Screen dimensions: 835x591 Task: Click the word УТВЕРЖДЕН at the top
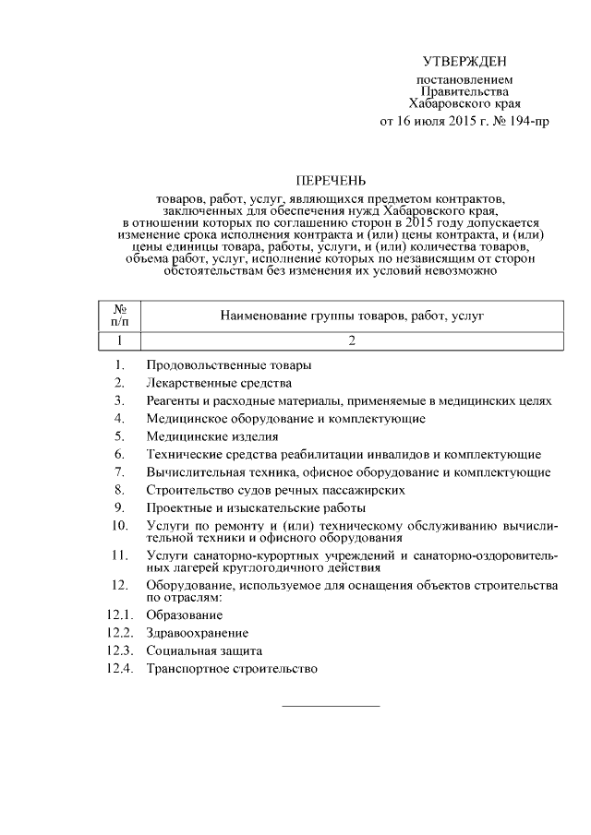point(464,62)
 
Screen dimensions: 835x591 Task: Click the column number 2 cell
point(352,340)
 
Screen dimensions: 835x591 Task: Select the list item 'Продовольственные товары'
point(228,365)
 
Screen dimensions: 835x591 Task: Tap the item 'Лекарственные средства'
point(219,383)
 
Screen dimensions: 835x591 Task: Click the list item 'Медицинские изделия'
point(211,436)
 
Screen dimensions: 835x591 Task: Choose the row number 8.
point(120,490)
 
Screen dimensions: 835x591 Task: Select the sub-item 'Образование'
point(184,615)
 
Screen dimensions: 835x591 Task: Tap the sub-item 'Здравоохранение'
point(197,633)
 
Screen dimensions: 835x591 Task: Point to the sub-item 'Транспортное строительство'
point(232,669)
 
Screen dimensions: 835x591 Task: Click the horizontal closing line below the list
point(330,707)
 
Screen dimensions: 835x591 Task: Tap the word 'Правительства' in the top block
point(464,91)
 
